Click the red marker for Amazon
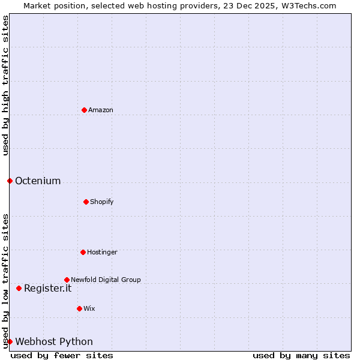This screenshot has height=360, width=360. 84,110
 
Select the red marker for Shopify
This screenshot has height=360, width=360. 86,202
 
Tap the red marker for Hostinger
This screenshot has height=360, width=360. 83,252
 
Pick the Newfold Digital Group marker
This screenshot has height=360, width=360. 67,280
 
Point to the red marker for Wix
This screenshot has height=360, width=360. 79,308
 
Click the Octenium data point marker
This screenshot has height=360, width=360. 10,181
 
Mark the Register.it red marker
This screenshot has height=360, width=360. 19,288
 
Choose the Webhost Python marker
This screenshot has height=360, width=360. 10,341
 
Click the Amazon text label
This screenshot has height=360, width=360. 101,110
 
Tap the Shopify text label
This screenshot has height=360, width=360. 102,202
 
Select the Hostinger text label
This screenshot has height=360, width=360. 103,252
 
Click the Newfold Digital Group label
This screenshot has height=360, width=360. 106,280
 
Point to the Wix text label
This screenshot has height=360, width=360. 89,308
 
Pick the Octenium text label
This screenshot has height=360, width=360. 38,181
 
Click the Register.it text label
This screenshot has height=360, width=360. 47,288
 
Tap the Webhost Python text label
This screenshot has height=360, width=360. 54,341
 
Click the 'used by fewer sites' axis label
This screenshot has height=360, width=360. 62,355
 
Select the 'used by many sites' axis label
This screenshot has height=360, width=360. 301,355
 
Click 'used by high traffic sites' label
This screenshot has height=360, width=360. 5,85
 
